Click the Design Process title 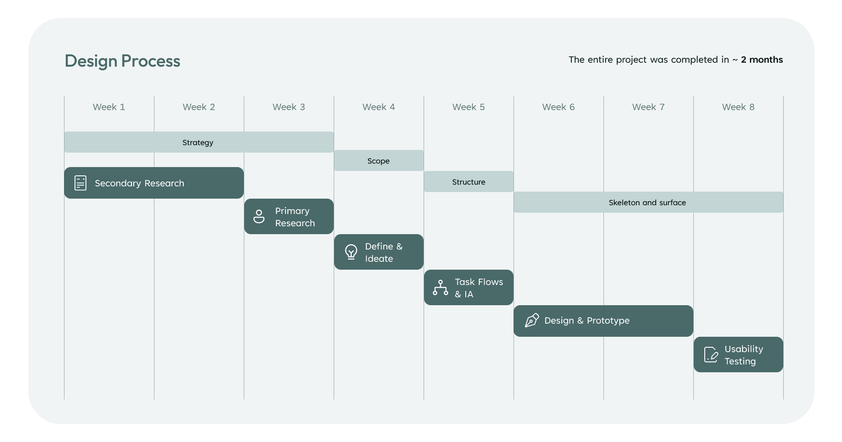pos(122,61)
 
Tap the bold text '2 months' pos(762,60)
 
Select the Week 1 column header pos(109,107)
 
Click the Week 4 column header pos(378,107)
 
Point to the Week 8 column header pos(738,107)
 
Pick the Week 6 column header pos(558,107)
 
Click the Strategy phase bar pos(199,142)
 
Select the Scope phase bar pos(379,160)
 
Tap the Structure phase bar pos(469,182)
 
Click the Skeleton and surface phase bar pos(649,202)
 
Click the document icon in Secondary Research pos(81,183)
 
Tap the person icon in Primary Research pos(259,217)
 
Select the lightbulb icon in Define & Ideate pos(351,252)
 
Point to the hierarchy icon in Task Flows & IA pos(440,288)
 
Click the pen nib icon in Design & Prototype pos(532,321)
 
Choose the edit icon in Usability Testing pos(711,355)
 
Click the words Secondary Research pos(139,183)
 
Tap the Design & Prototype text pos(587,321)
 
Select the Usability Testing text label pos(744,355)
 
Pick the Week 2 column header pos(199,107)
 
